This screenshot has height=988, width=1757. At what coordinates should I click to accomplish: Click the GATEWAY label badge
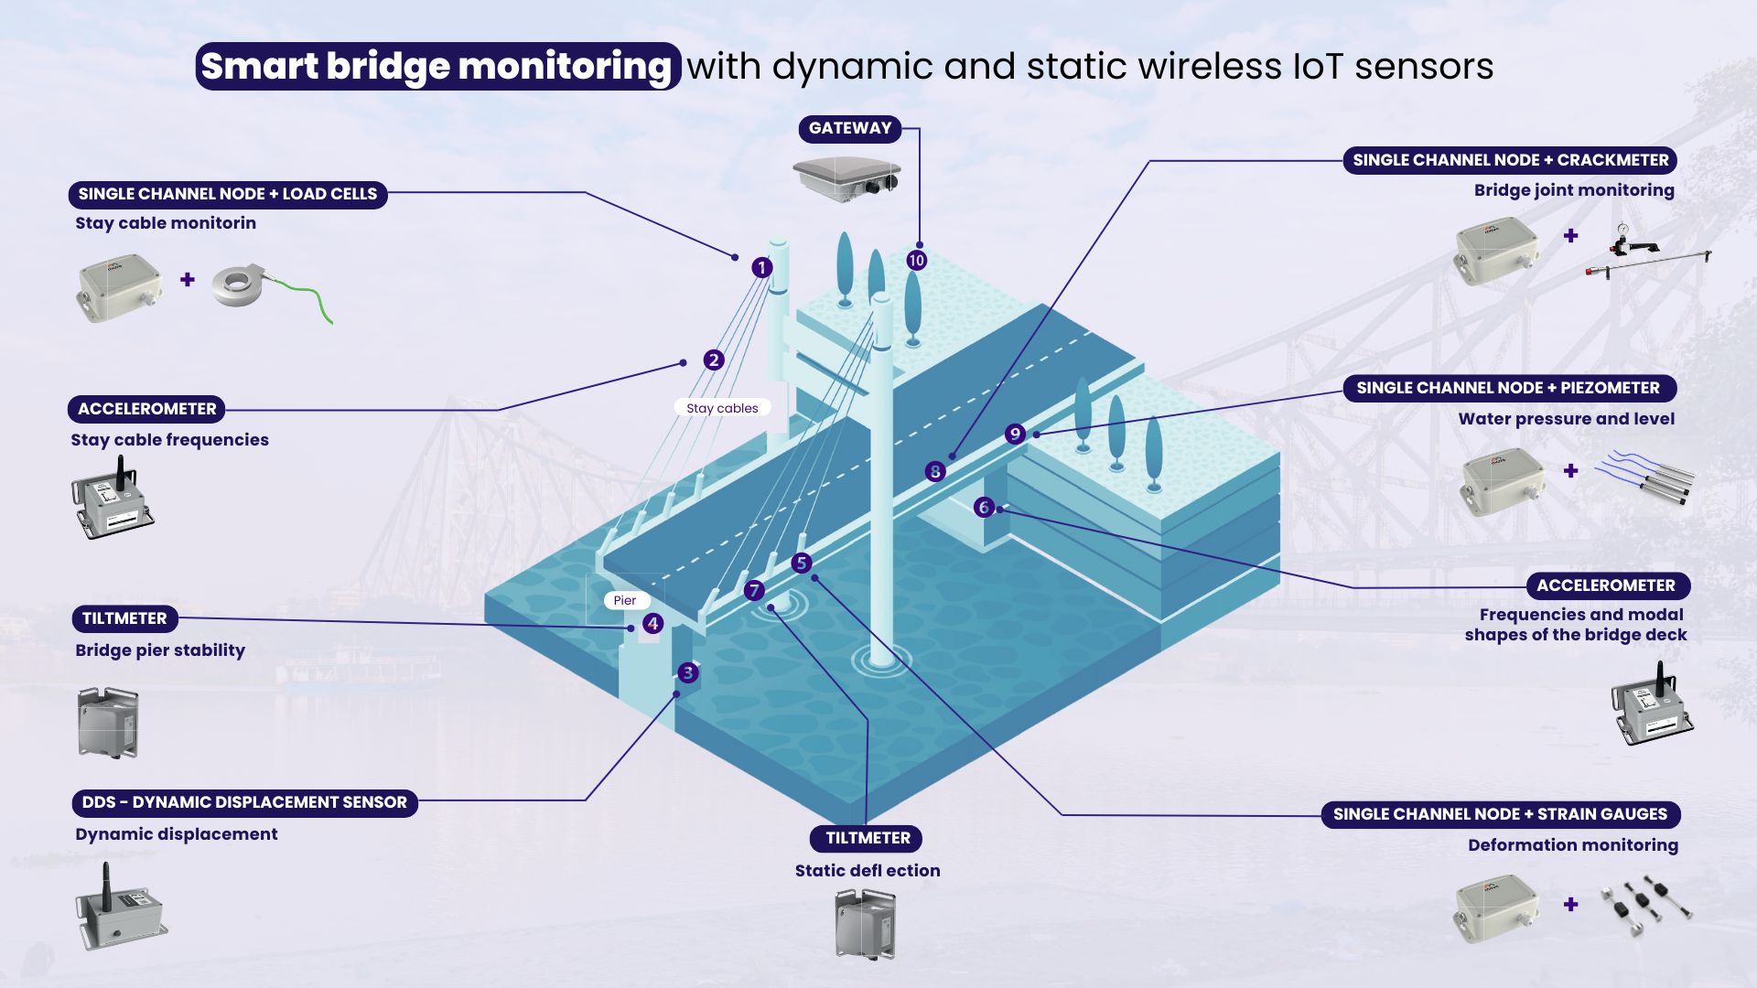point(849,129)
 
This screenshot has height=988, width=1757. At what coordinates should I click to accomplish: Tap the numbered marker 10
point(916,261)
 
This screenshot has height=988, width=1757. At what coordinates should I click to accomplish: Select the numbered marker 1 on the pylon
point(761,268)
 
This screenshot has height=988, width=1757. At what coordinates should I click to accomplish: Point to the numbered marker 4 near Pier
point(652,624)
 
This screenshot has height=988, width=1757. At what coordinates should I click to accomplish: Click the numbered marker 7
point(754,591)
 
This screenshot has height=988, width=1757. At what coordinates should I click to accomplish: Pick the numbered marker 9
point(1014,435)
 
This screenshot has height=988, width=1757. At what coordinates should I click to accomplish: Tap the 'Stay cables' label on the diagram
point(722,408)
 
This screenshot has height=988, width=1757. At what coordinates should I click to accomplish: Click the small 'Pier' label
point(625,600)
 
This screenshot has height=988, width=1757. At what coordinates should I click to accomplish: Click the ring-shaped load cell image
point(240,285)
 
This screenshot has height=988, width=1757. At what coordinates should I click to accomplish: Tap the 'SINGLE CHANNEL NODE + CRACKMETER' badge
point(1510,160)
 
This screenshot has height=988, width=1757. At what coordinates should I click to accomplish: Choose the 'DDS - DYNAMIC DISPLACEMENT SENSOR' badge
point(244,802)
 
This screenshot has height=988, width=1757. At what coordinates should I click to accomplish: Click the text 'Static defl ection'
point(867,871)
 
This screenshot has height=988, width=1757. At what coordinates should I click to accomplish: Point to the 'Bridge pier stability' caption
point(160,650)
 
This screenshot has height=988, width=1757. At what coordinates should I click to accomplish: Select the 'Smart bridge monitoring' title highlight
point(437,67)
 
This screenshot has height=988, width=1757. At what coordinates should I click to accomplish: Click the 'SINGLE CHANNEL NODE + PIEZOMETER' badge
point(1508,388)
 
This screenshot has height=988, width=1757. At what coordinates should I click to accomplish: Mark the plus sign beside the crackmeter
point(1571,236)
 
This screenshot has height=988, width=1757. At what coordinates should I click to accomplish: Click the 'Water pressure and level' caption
point(1566,419)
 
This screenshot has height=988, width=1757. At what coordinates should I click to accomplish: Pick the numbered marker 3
point(688,673)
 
